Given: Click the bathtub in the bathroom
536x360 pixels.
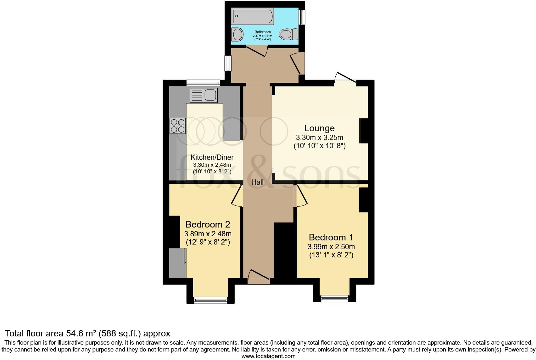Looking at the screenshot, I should coord(253,16).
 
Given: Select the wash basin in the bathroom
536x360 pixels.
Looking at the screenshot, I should coord(237,34).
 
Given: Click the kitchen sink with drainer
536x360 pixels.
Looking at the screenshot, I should coord(204,95).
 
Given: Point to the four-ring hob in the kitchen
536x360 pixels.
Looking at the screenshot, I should coord(177,126).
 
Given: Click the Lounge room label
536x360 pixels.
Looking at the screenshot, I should coord(319,128).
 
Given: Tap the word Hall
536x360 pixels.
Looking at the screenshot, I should coord(257,182).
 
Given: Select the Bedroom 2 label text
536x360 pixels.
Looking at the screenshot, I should coord(208,224).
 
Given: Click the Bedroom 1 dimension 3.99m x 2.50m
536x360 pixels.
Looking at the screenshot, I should coord(332,247).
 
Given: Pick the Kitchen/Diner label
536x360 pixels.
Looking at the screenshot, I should coord(212,157).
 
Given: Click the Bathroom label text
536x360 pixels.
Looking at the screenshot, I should coord(262,32).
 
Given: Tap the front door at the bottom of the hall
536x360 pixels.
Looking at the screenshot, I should coord(259,276).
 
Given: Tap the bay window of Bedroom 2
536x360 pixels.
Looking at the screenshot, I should coord(210,300).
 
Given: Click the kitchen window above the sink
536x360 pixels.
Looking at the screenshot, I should coord(203,83).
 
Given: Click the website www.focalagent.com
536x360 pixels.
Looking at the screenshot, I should coord(268,356).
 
